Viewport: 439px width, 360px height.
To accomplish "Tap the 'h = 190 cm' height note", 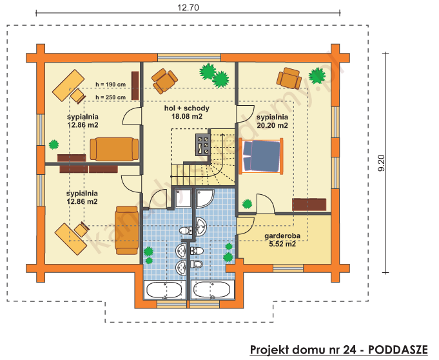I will [x=110, y=85].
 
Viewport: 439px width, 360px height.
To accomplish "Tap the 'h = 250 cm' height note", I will [x=110, y=97].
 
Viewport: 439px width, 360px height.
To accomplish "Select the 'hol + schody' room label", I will [x=187, y=108].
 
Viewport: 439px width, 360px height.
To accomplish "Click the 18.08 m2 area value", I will [x=187, y=117].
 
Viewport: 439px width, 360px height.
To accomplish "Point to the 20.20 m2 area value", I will [x=271, y=126].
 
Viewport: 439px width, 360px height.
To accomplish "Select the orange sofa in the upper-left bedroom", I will [x=114, y=149].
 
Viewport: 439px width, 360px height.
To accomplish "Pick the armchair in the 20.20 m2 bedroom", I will [x=288, y=78].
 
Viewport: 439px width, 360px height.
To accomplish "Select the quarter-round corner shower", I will [x=206, y=200].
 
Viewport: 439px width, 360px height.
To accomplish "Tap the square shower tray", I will [x=183, y=200].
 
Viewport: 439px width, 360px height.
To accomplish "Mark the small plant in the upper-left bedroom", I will [x=52, y=144].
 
